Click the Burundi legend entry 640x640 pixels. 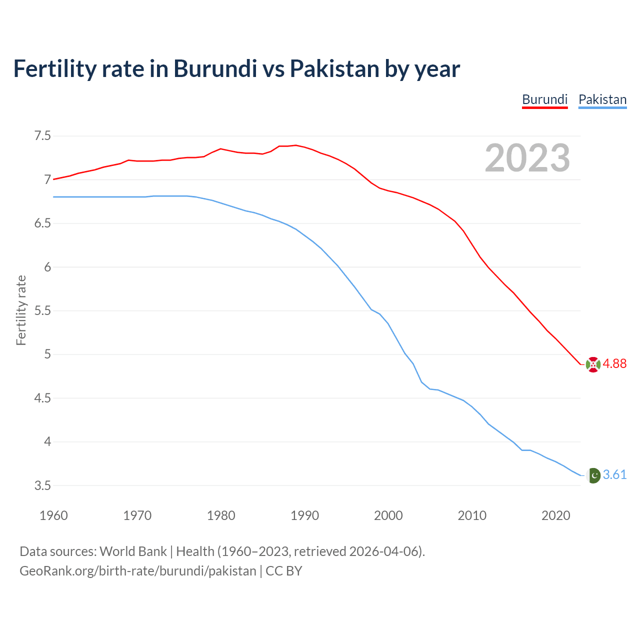click(544, 99)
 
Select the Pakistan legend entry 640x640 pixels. click(602, 99)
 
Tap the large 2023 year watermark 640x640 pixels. click(527, 158)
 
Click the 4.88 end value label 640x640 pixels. click(614, 364)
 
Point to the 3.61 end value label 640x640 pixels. click(614, 475)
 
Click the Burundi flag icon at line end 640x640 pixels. click(593, 364)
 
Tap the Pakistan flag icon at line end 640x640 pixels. click(593, 475)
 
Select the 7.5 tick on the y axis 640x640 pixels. click(42, 136)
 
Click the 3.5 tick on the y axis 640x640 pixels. click(42, 486)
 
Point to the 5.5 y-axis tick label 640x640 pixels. click(42, 311)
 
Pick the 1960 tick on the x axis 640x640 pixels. click(53, 515)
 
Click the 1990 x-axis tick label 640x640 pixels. click(304, 515)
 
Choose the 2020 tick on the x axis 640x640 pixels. click(555, 515)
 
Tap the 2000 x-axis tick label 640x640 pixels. click(388, 515)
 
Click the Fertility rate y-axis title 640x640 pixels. click(21, 310)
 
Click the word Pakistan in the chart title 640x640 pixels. click(334, 68)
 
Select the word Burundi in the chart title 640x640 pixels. click(215, 68)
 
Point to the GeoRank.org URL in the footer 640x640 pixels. click(137, 571)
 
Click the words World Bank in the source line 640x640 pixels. click(133, 551)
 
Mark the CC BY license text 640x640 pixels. click(283, 571)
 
